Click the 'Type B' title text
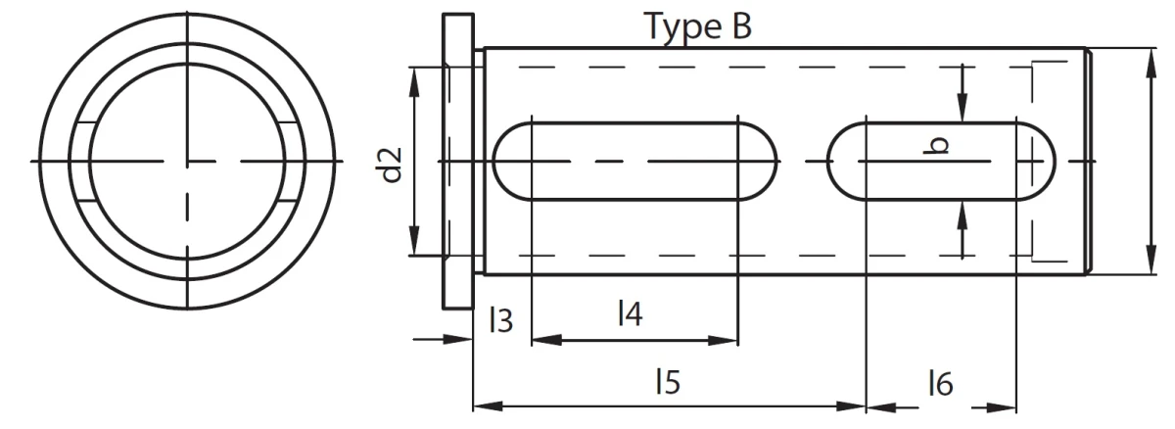(700, 27)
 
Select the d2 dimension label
(390, 165)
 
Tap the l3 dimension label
(501, 320)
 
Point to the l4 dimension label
(630, 313)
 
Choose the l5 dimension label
(668, 381)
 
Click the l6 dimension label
(941, 383)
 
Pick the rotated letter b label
(936, 146)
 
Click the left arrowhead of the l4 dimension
(546, 340)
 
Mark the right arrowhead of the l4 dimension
(723, 341)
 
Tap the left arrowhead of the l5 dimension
(489, 405)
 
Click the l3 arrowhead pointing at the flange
(458, 339)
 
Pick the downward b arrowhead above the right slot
(962, 108)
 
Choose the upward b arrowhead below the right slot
(962, 215)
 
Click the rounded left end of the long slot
(512, 162)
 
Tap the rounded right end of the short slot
(1036, 162)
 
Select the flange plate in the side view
(458, 161)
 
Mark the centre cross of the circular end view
(187, 161)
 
